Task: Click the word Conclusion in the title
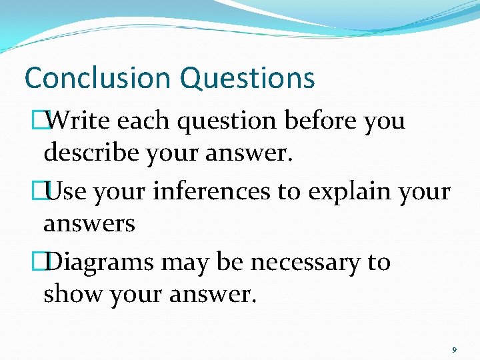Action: [98, 78]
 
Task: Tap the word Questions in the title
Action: [247, 78]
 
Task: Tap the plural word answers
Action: [89, 223]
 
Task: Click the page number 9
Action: [454, 350]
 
